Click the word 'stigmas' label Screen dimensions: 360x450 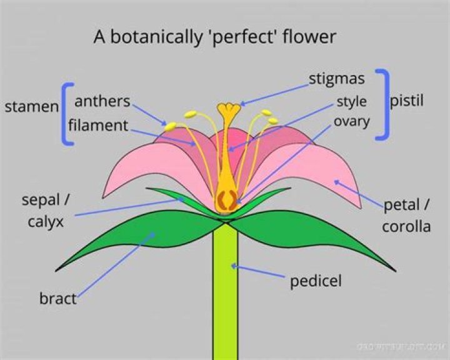pyautogui.click(x=337, y=79)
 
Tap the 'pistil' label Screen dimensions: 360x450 pyautogui.click(x=406, y=101)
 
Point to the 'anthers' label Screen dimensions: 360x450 pyautogui.click(x=102, y=101)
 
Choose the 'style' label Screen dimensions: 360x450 pyautogui.click(x=351, y=101)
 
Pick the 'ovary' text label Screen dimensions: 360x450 pyautogui.click(x=351, y=121)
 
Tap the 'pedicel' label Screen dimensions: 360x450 pyautogui.click(x=316, y=281)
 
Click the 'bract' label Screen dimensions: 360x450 pyautogui.click(x=57, y=299)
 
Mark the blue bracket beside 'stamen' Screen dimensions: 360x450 pyautogui.click(x=67, y=114)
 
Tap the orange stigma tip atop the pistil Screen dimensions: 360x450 pyautogui.click(x=229, y=109)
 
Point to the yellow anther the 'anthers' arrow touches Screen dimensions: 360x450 pyautogui.click(x=170, y=127)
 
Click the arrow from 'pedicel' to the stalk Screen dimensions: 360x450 pyautogui.click(x=259, y=272)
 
